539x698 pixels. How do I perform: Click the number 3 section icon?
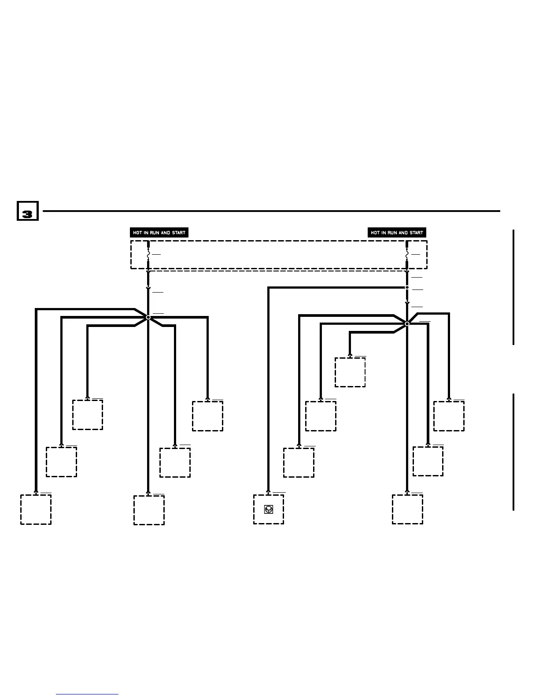click(x=27, y=211)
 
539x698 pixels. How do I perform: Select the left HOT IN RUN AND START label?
click(x=159, y=233)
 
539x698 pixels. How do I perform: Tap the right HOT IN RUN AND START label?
click(x=397, y=233)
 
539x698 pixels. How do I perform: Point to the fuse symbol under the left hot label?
click(x=148, y=254)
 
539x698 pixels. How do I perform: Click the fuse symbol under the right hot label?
click(x=407, y=254)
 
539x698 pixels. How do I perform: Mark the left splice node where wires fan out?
click(x=148, y=317)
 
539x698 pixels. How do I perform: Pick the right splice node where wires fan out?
click(x=407, y=324)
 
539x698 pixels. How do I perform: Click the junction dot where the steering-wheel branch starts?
click(x=407, y=288)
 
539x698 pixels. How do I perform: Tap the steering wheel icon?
click(x=268, y=509)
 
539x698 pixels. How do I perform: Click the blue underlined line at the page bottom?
click(x=87, y=694)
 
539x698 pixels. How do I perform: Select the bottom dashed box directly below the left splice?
click(x=149, y=510)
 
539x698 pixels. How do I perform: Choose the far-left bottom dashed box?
click(x=36, y=509)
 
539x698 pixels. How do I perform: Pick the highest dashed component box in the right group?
click(x=350, y=372)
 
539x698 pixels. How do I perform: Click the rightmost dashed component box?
click(x=449, y=416)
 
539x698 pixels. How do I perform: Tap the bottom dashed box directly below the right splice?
click(x=407, y=509)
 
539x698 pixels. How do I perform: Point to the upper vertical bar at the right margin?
click(x=513, y=287)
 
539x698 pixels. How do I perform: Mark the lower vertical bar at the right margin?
click(x=513, y=452)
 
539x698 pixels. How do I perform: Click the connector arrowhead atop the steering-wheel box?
click(x=268, y=492)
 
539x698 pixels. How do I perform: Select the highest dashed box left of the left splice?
click(x=88, y=415)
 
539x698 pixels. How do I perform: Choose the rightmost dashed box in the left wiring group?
click(x=207, y=416)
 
